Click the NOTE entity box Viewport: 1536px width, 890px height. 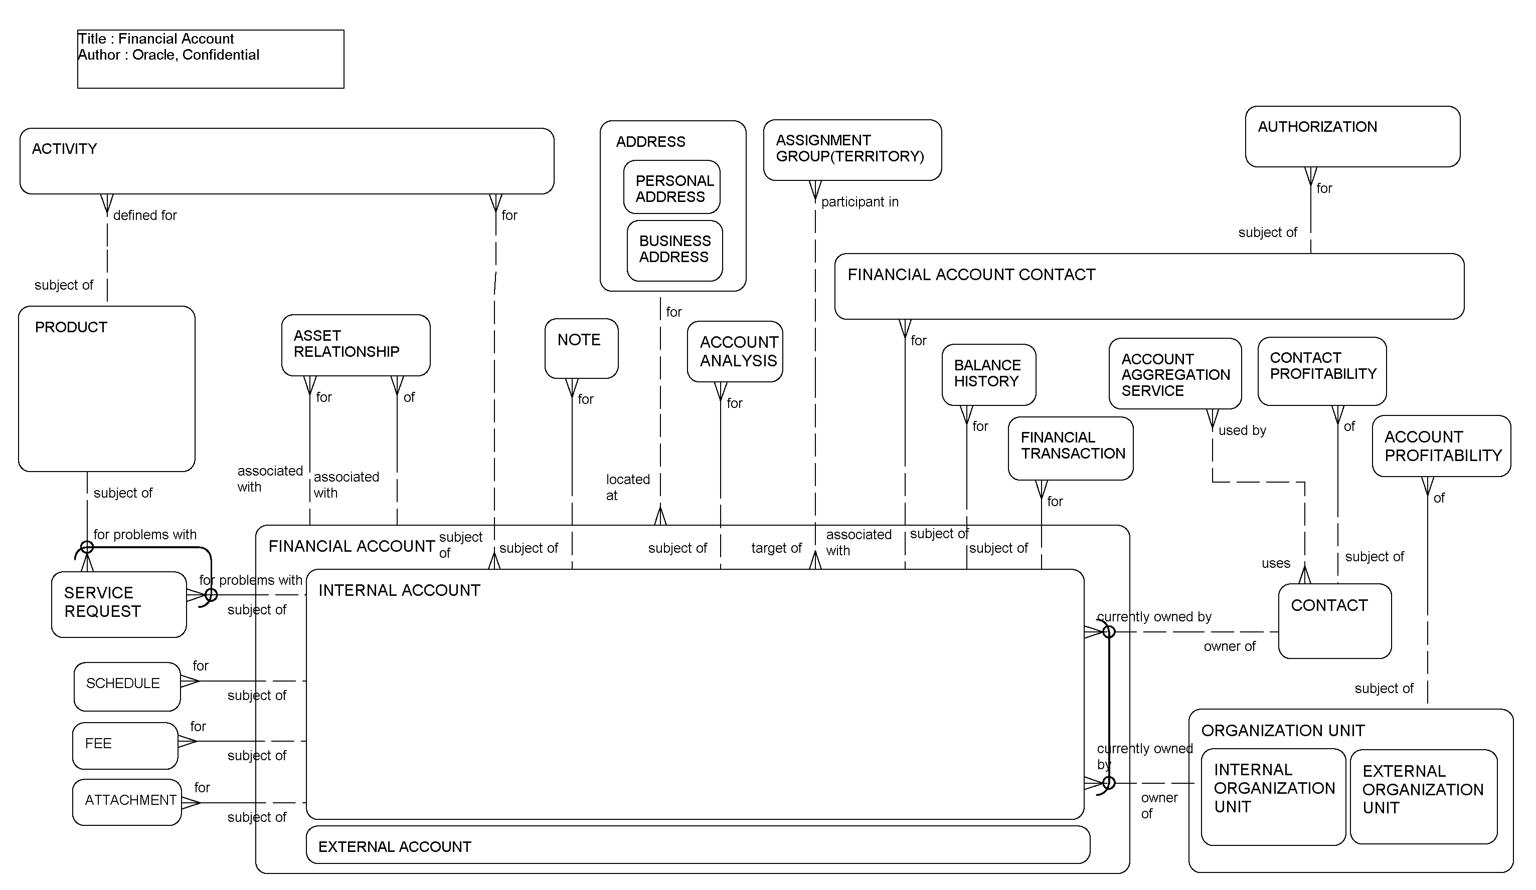click(x=581, y=348)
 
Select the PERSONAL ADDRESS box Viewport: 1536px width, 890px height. click(x=671, y=187)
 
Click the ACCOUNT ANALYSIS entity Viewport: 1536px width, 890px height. click(x=735, y=351)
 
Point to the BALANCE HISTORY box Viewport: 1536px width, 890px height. click(x=988, y=374)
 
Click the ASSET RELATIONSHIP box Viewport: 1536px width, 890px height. click(x=356, y=345)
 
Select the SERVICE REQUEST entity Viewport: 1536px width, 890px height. click(x=119, y=604)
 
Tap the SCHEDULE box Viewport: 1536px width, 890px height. click(x=127, y=686)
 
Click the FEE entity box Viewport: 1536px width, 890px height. click(x=125, y=745)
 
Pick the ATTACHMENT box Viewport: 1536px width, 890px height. click(x=127, y=802)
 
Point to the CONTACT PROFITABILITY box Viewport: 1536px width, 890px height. click(x=1321, y=370)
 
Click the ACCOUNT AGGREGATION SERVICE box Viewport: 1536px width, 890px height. click(x=1174, y=373)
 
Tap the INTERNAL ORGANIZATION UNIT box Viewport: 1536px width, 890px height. click(x=1272, y=796)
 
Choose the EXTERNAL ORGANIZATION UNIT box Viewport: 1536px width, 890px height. click(x=1423, y=796)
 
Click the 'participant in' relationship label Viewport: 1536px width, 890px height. click(x=860, y=201)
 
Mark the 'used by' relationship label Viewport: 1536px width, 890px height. click(x=1242, y=430)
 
